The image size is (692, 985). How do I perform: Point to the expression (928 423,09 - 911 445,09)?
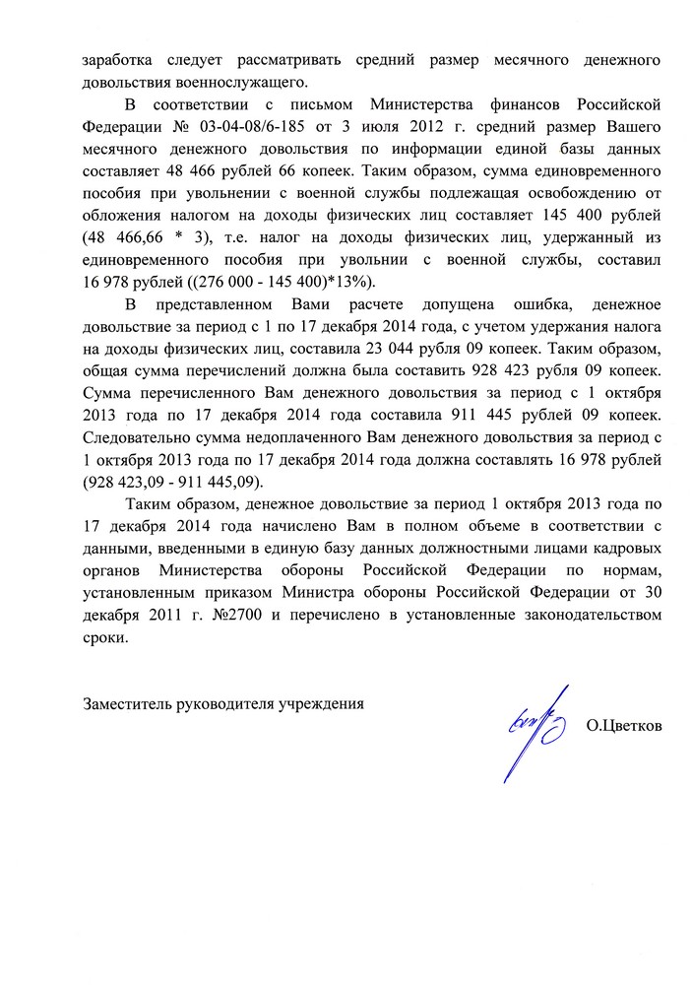[173, 483]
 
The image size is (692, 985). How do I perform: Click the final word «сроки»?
[105, 638]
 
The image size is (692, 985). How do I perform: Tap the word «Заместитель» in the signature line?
[127, 703]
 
